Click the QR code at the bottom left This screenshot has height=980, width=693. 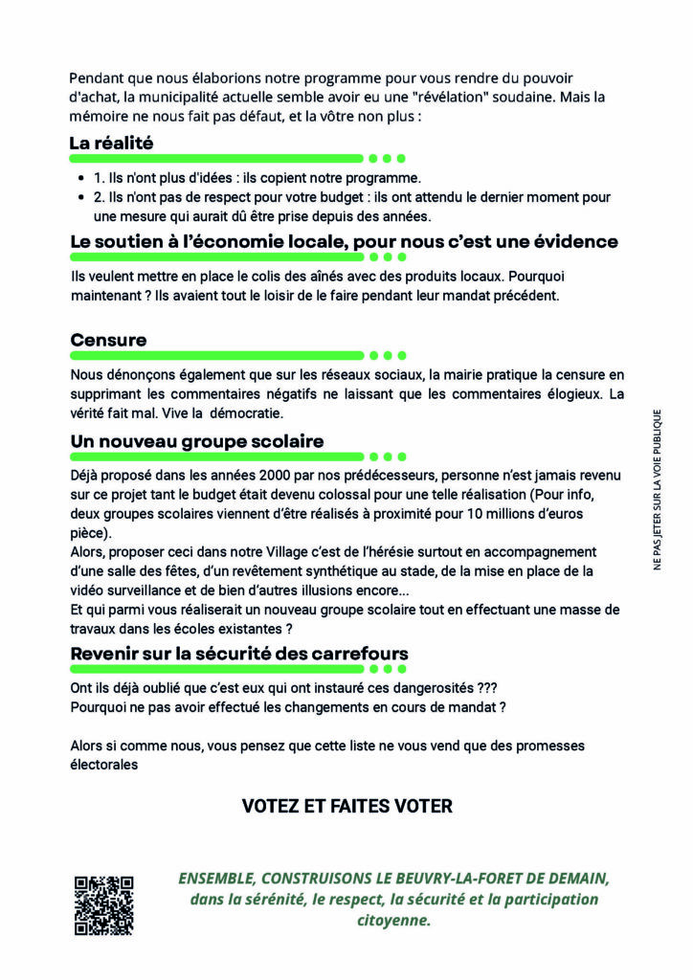click(103, 904)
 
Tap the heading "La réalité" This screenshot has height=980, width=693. click(112, 144)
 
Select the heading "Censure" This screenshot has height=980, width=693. click(109, 340)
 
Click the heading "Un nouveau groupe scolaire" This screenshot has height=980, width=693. click(197, 441)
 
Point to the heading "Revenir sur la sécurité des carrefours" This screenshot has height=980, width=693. click(239, 653)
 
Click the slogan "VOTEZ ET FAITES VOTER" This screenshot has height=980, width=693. click(346, 806)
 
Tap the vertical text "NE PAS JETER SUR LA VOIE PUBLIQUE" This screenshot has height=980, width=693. click(658, 490)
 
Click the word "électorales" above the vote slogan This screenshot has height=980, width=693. click(104, 764)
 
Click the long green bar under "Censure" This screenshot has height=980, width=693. click(217, 355)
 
